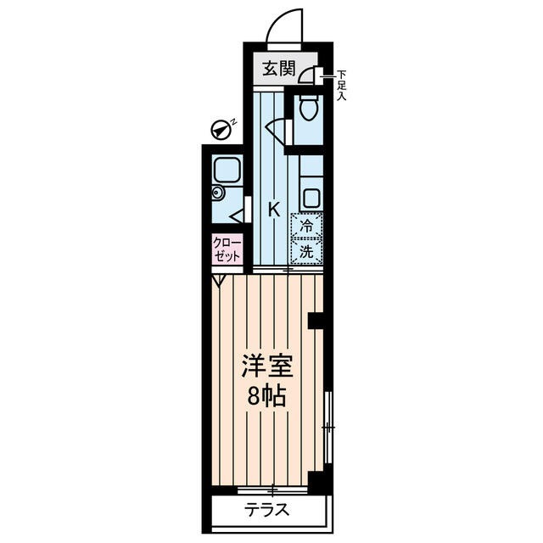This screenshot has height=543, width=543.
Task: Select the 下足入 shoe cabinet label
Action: click(x=341, y=85)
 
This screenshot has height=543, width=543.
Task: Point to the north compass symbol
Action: click(x=222, y=129)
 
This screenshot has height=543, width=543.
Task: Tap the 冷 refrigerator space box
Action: click(x=306, y=226)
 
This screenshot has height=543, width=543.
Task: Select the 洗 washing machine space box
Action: click(x=306, y=251)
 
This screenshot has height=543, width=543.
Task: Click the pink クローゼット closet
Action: click(x=227, y=249)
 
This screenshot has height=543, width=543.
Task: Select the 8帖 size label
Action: click(x=266, y=396)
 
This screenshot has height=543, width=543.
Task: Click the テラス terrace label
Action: click(x=268, y=510)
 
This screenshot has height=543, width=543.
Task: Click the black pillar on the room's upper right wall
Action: click(x=316, y=321)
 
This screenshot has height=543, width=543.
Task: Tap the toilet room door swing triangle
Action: click(x=277, y=128)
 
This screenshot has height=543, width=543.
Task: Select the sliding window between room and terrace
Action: click(x=272, y=489)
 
